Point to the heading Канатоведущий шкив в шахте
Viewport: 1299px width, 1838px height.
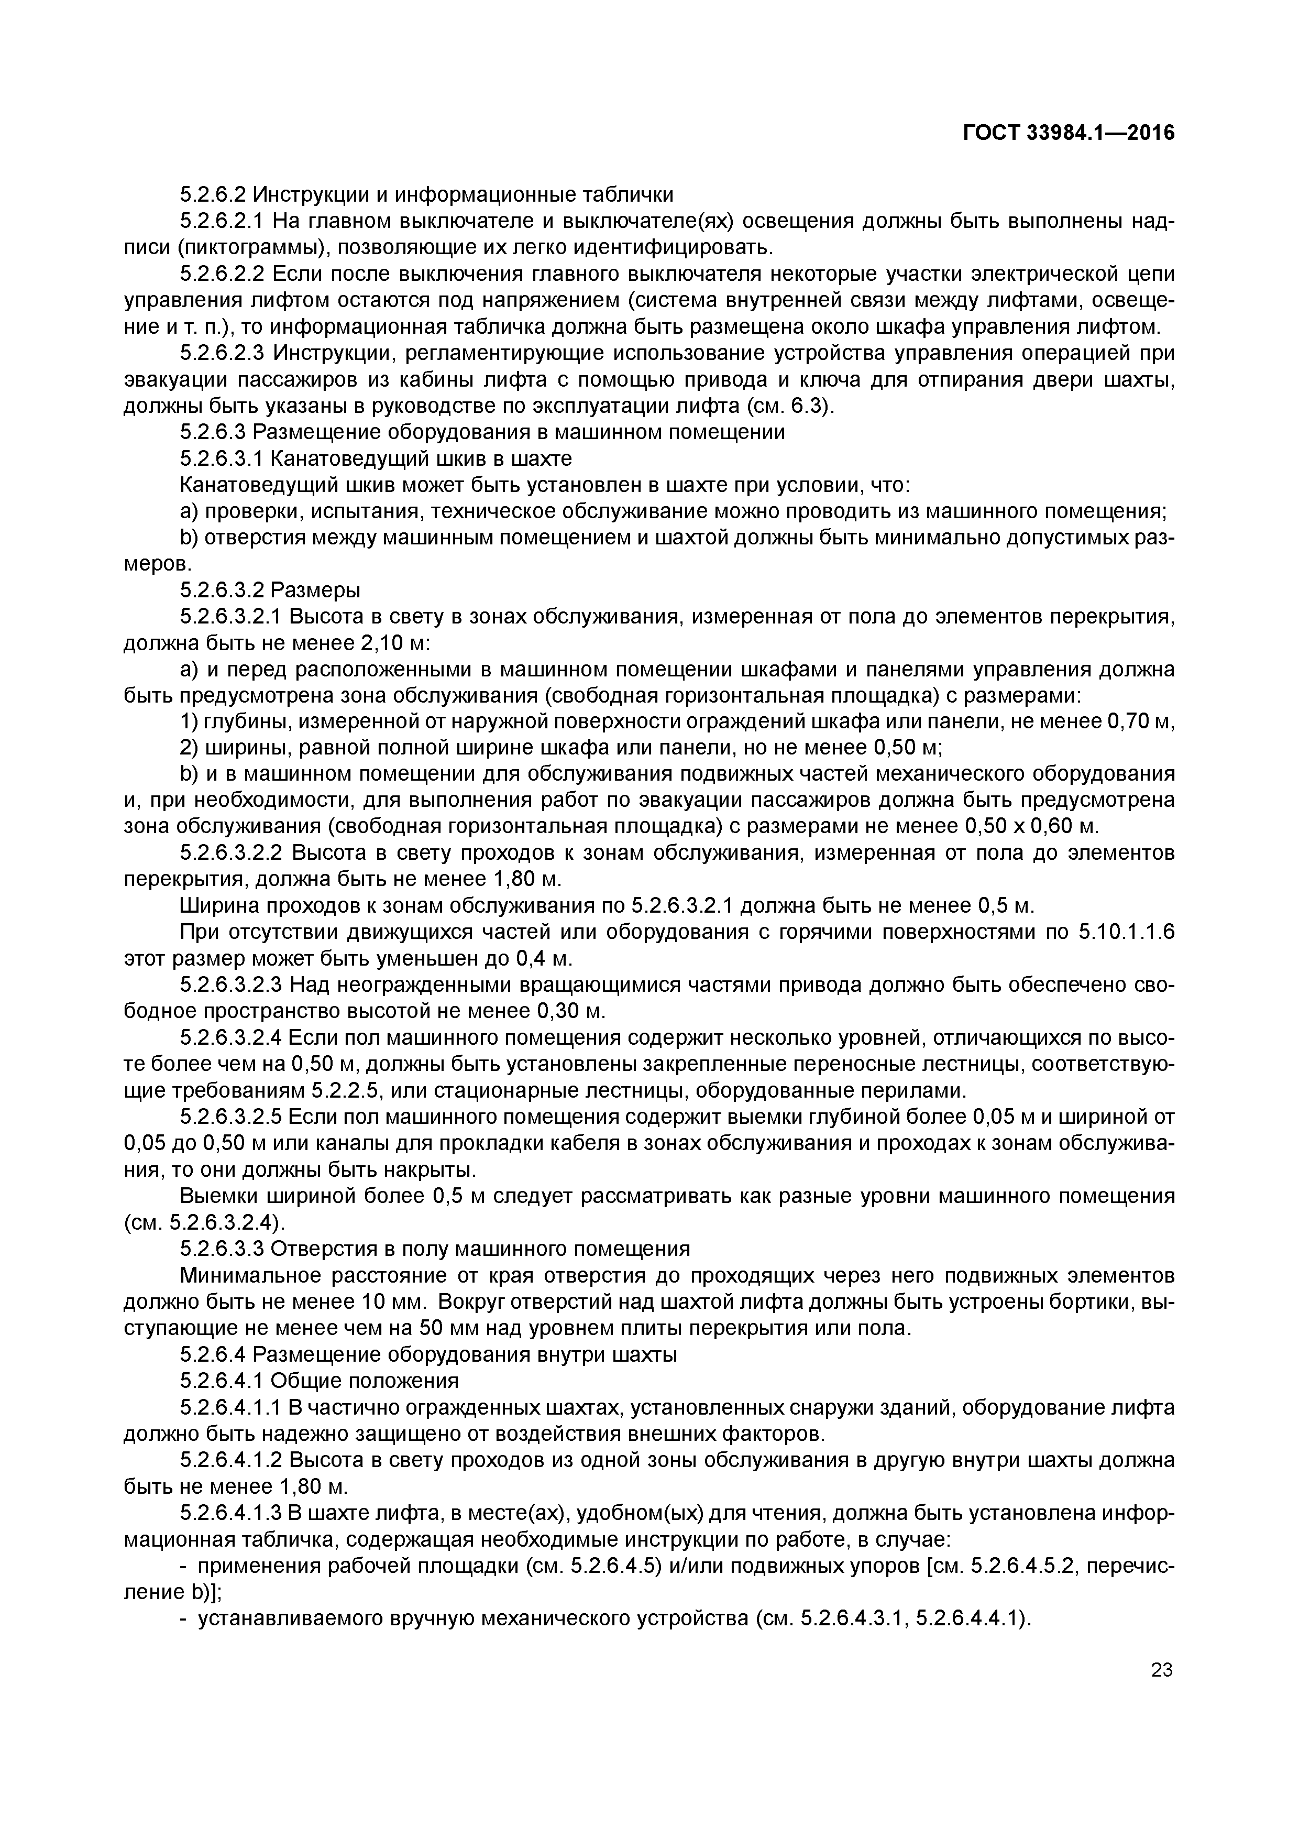(x=422, y=458)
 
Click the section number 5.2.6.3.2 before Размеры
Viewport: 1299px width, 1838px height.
(x=222, y=591)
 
